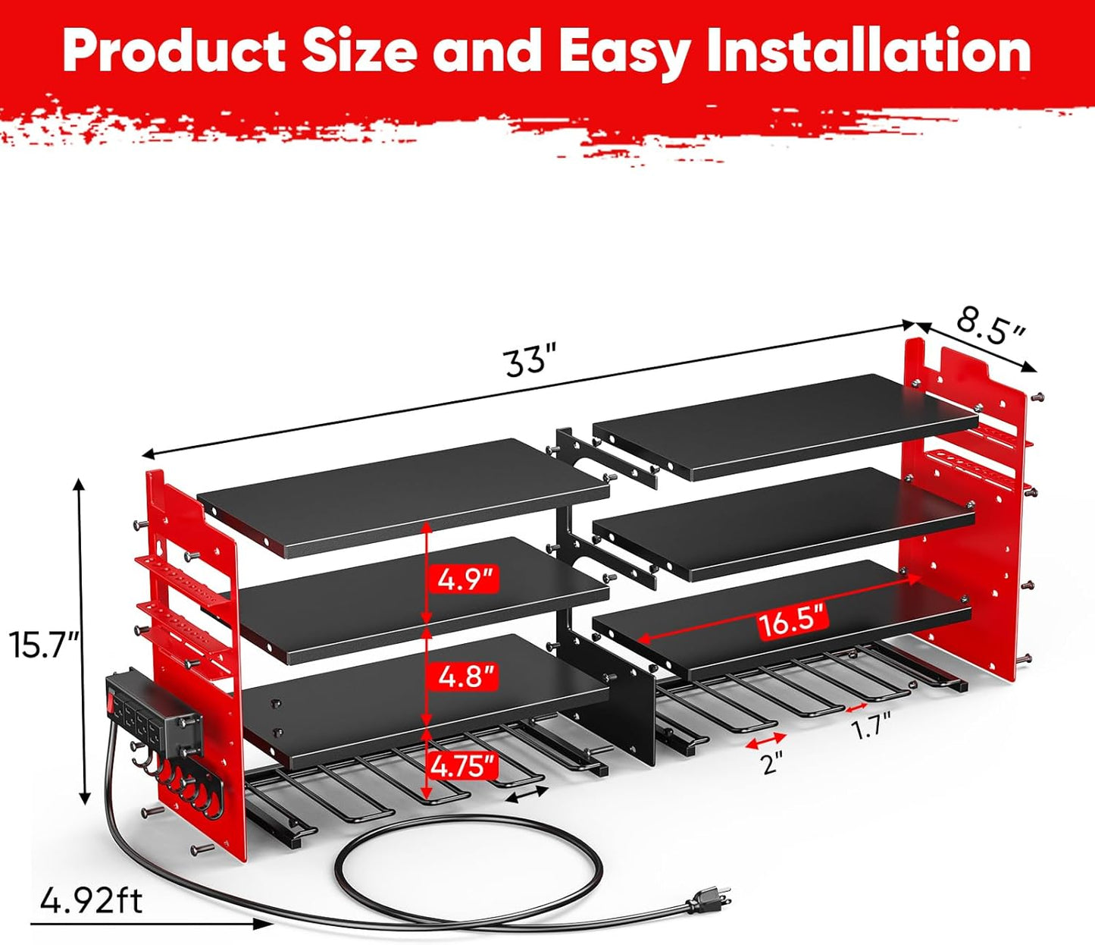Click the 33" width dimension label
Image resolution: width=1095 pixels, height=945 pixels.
tap(530, 359)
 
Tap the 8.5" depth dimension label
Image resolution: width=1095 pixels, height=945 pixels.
tap(990, 325)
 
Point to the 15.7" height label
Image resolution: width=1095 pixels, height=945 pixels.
tap(45, 646)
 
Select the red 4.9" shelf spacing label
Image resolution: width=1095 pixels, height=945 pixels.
tap(465, 579)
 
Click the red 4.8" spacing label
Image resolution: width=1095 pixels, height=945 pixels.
tap(465, 675)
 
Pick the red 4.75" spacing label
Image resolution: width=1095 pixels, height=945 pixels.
tap(465, 767)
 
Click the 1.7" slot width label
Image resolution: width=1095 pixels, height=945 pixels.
tap(871, 729)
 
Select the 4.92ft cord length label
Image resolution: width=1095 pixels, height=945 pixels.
tap(91, 901)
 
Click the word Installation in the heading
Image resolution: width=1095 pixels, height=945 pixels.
tap(869, 51)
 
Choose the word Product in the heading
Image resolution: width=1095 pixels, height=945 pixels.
tap(174, 51)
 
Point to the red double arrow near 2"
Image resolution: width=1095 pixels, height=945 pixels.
tap(765, 739)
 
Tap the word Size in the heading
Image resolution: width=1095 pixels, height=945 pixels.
tap(359, 51)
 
